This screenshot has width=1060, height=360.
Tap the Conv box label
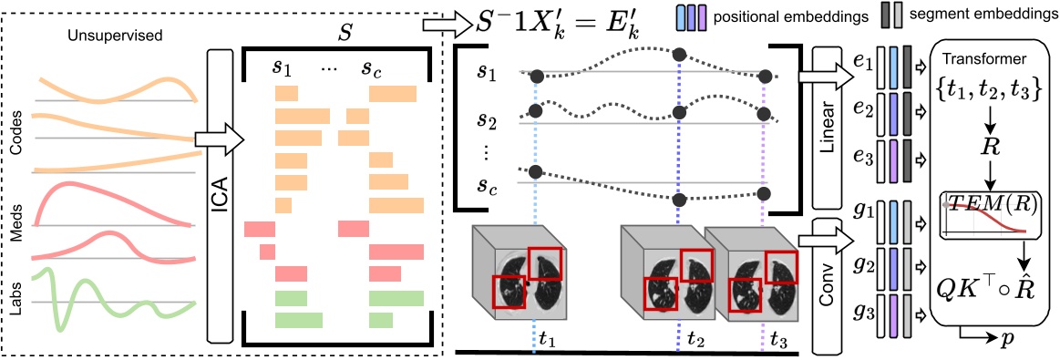828,283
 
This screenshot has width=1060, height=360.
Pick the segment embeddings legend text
977,15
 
